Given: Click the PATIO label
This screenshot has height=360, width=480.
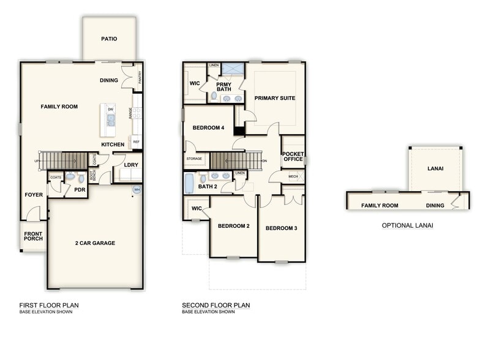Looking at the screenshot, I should (109, 39).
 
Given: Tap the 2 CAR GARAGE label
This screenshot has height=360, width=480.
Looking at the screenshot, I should (95, 243).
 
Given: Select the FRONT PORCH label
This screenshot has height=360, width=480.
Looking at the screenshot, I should (33, 237).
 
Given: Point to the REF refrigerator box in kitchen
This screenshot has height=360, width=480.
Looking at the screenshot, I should (136, 141).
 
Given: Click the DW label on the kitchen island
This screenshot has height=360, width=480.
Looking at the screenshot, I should (111, 110).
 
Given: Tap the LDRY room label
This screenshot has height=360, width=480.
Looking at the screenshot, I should (130, 165).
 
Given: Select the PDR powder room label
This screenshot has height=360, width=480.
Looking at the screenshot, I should (80, 190).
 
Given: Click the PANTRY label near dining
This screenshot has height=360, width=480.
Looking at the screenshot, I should (140, 77).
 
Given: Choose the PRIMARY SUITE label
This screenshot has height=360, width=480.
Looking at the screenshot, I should (275, 98).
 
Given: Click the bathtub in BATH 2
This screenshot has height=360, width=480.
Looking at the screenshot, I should (189, 182).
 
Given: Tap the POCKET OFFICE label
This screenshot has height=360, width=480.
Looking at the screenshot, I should (293, 157).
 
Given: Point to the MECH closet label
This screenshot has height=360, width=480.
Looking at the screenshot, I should (293, 176).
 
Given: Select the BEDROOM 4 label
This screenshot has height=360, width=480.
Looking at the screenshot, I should (209, 128).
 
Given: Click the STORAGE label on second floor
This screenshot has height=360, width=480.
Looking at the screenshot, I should (193, 159).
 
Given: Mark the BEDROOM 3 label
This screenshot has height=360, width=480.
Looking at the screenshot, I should (281, 228).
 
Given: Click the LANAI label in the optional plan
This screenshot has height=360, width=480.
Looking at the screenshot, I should (435, 168).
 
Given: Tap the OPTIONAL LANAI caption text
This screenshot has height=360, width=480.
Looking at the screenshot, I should (407, 225).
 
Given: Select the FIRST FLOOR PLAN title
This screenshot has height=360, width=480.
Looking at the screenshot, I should (49, 306).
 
